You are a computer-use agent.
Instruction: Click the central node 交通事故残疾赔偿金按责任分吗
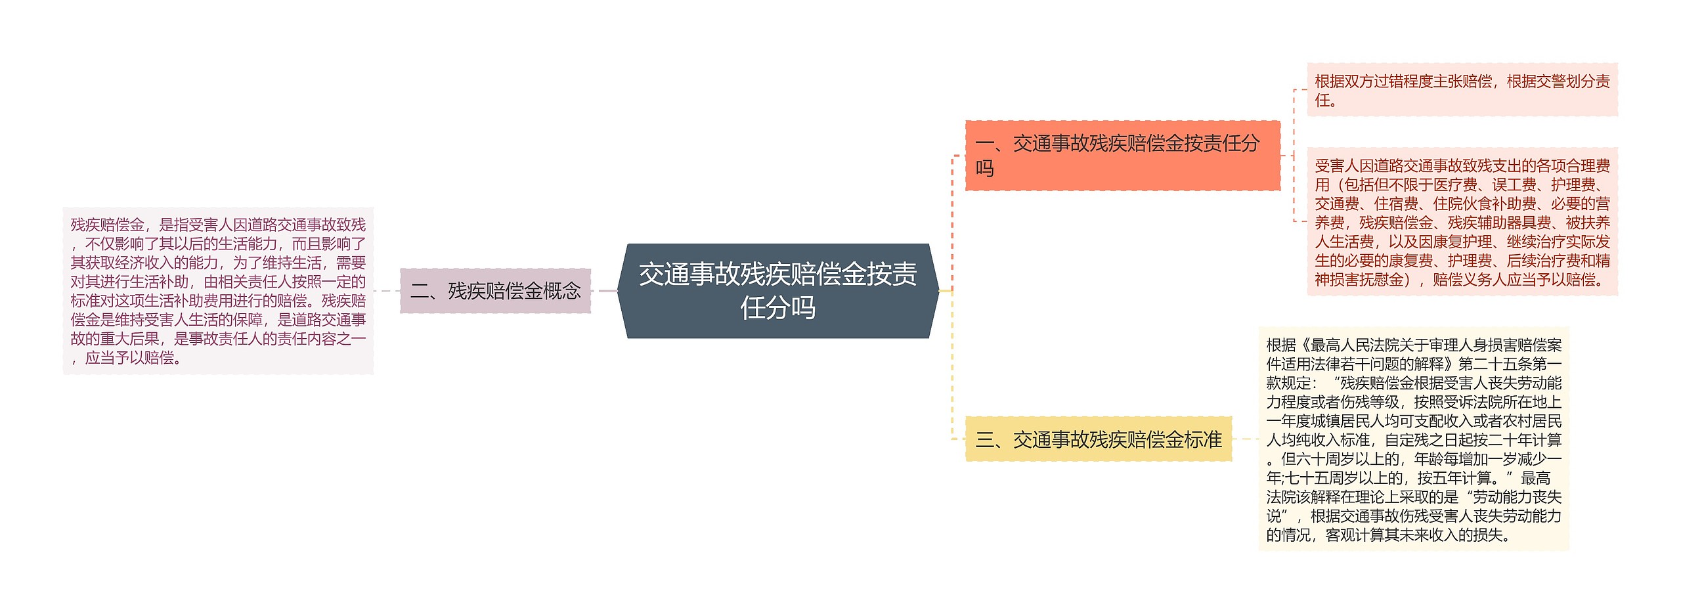tap(778, 291)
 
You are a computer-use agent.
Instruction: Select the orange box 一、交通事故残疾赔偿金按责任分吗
tap(1122, 156)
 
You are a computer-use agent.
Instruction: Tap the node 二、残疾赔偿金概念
tap(495, 290)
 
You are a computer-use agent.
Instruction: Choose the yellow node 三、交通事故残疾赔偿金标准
tap(1098, 439)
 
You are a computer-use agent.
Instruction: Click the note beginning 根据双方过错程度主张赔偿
tap(1462, 90)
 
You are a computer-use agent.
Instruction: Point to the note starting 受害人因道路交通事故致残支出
tap(1462, 222)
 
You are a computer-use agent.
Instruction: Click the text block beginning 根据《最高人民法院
tap(1413, 439)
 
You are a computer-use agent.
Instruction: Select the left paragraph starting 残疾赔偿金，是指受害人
tap(218, 291)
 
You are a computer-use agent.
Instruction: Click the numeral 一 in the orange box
tap(984, 143)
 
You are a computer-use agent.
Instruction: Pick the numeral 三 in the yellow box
tap(984, 439)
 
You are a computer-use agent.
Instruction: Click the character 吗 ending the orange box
tap(984, 169)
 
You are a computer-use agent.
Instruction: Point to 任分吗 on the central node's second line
tap(778, 307)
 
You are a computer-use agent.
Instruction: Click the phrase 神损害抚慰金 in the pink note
tap(1359, 280)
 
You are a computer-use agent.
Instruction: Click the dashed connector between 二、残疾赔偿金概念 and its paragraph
tap(387, 291)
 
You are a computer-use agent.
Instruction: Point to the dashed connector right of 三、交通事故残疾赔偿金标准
tap(1245, 439)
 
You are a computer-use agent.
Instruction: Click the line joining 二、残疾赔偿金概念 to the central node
tap(604, 291)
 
